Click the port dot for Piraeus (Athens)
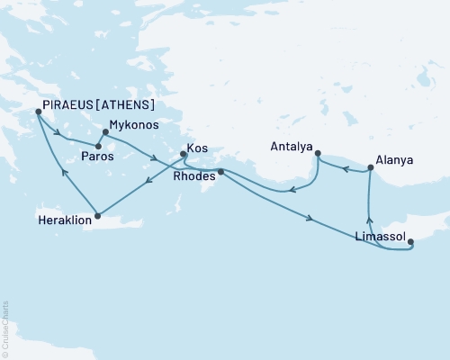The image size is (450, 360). (37, 112)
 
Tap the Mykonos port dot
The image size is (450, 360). (105, 132)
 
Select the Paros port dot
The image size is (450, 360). (98, 145)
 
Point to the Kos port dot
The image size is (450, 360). (183, 154)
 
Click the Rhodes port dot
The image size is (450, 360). (220, 172)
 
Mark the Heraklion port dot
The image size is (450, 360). (97, 215)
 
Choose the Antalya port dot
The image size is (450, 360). (318, 154)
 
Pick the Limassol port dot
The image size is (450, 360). (411, 240)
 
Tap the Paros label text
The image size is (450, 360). (96, 157)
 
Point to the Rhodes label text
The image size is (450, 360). (193, 176)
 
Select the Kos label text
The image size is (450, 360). (197, 147)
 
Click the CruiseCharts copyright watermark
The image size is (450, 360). (4, 329)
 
